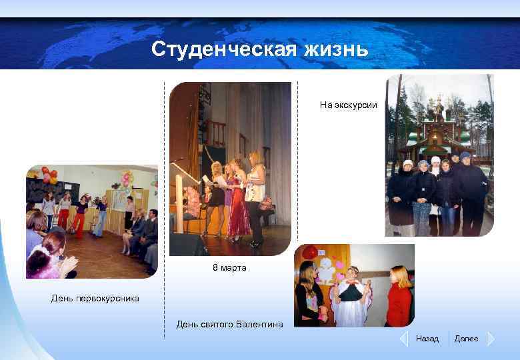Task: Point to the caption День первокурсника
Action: click(95, 298)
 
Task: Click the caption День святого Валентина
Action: click(229, 324)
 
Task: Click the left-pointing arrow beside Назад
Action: click(403, 339)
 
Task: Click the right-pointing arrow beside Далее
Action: click(490, 339)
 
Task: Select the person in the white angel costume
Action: click(349, 297)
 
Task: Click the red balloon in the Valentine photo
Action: click(310, 253)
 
